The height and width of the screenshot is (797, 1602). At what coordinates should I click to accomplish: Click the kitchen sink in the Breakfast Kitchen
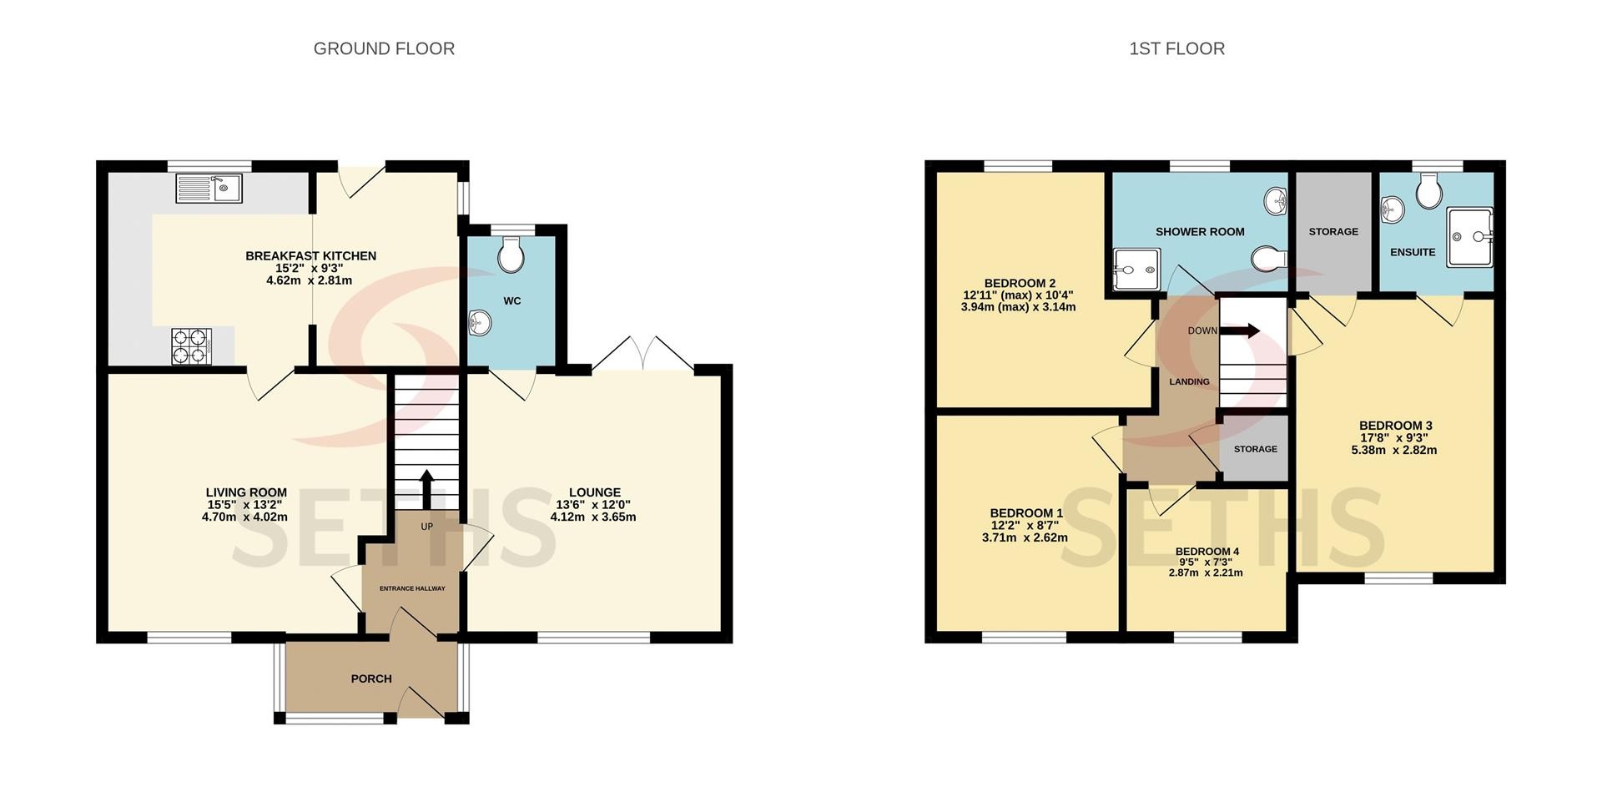coord(209,188)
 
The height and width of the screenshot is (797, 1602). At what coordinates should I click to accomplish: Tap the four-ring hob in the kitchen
coord(189,346)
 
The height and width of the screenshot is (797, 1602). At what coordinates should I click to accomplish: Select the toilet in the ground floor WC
coord(510,254)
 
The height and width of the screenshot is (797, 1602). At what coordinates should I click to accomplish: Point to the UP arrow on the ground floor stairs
coord(426,489)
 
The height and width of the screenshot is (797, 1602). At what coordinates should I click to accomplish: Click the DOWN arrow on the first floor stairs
coord(1240,331)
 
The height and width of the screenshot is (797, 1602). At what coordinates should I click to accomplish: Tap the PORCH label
coord(371,678)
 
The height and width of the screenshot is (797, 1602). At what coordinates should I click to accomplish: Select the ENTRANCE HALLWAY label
coord(412,588)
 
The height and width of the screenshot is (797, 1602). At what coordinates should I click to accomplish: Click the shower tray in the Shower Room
coord(1136,267)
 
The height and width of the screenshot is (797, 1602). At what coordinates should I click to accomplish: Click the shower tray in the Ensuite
coord(1469,237)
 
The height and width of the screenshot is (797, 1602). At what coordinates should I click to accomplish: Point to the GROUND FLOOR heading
coord(384,49)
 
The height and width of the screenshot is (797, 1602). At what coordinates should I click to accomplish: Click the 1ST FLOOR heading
coord(1176,49)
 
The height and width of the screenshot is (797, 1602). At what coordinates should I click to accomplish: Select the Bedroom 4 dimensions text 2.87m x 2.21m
coord(1206,573)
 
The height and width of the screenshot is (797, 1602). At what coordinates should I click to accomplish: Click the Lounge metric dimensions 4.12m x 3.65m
coord(593,517)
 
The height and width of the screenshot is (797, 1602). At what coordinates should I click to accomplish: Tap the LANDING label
coord(1189,381)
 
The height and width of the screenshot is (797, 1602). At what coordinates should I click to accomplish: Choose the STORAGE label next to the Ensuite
coord(1333,231)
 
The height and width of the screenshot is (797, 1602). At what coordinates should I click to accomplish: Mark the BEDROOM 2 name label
coord(1020,283)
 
